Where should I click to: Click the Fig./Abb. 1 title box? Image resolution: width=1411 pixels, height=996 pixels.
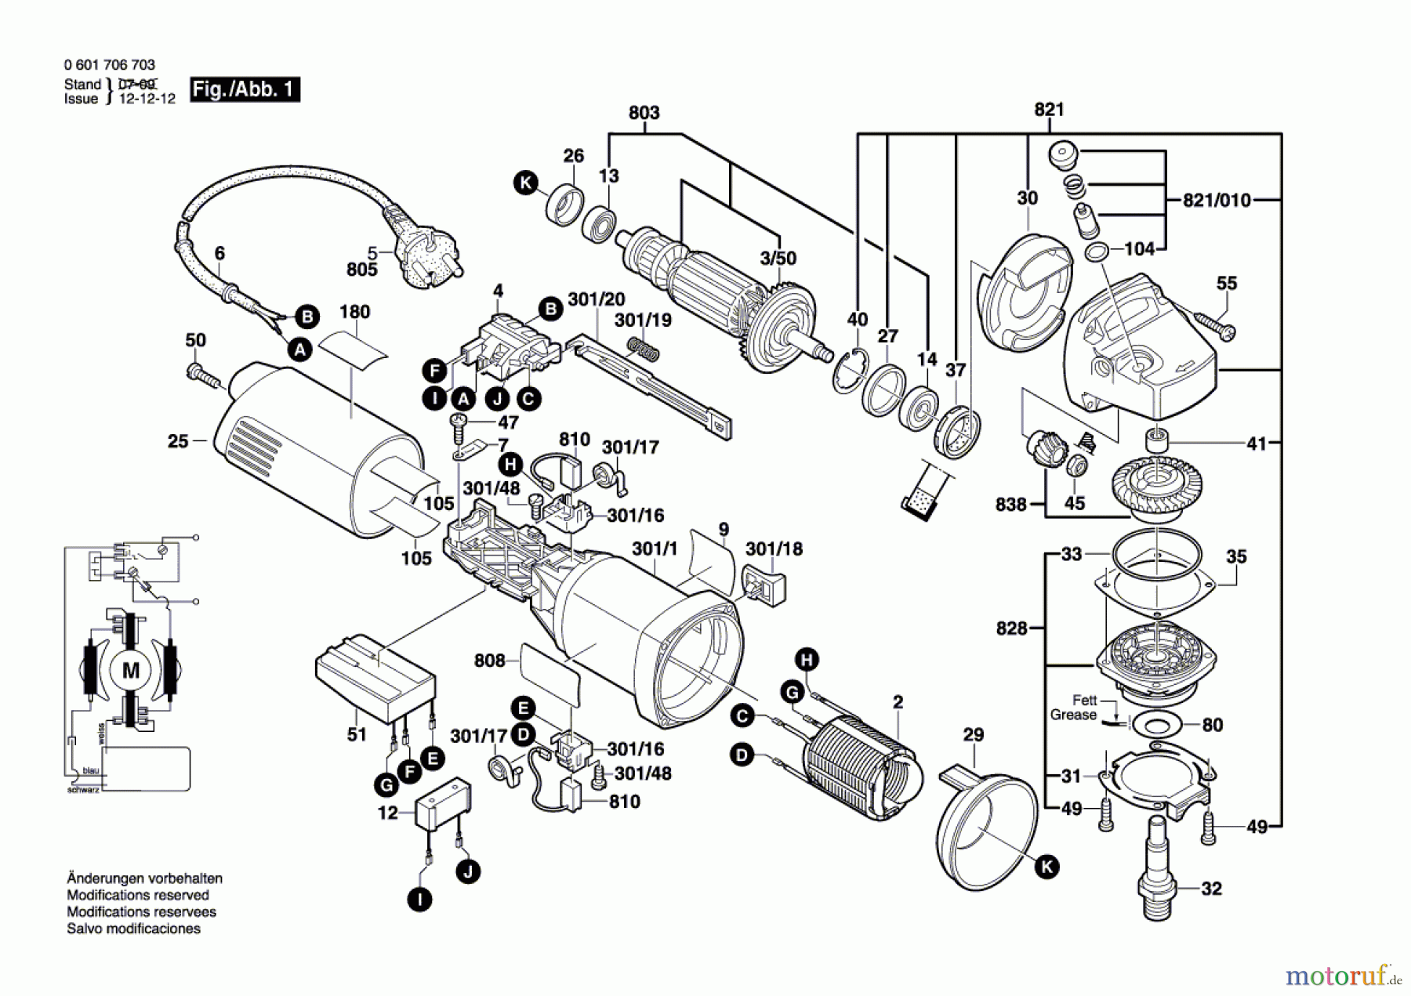pos(245,89)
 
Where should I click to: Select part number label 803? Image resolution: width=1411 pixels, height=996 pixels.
pos(644,113)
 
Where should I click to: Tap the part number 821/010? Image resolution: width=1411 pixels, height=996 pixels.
pos(1217,201)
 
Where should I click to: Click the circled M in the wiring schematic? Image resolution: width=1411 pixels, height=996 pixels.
pos(130,670)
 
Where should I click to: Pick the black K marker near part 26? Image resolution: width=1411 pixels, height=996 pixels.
pos(525,183)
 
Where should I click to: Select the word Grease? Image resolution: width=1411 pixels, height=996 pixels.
pos(1073,715)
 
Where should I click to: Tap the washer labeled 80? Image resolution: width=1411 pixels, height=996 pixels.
pos(1155,723)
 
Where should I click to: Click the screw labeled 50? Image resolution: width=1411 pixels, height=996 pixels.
pos(203,375)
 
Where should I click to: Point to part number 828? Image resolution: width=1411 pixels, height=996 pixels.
pos(1011,628)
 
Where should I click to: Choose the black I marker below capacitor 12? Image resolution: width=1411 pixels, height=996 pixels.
pos(420,899)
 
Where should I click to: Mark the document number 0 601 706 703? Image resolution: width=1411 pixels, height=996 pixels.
pos(110,65)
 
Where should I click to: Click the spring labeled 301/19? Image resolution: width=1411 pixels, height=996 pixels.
pos(643,349)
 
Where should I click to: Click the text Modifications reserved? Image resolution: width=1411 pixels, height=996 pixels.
pos(138,895)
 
